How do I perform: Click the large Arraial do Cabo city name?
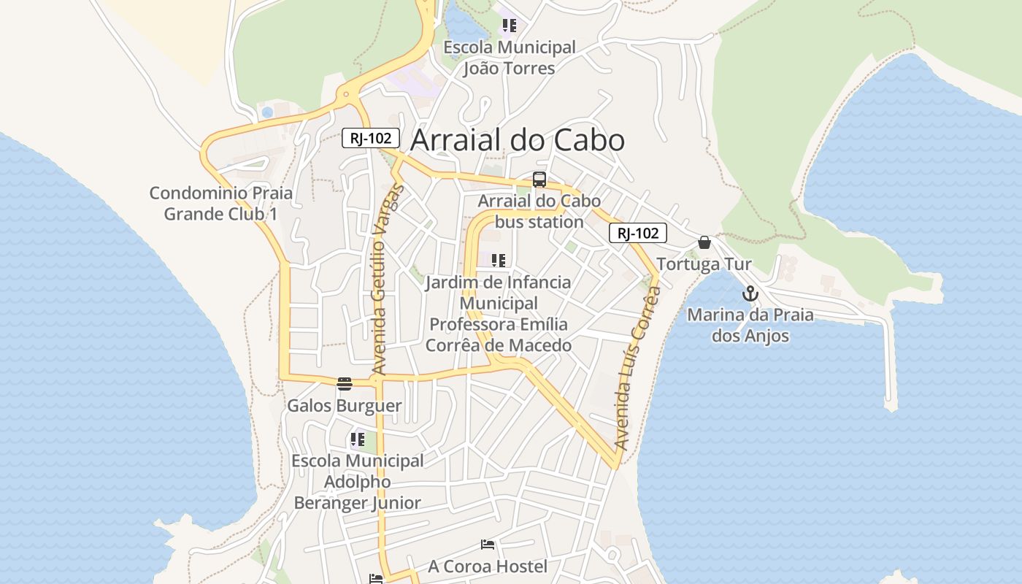(517, 140)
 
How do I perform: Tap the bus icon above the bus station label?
(539, 180)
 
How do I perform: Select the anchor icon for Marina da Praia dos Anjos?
(750, 294)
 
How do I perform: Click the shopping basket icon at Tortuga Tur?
(704, 242)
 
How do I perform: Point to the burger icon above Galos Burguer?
(345, 383)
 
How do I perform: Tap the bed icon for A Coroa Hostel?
(488, 545)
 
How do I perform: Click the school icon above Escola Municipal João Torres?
(509, 26)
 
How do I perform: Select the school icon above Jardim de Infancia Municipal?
(499, 261)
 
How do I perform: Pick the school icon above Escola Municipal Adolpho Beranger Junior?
(357, 439)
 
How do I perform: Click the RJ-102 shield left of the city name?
(371, 138)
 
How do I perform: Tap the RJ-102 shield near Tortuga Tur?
(638, 233)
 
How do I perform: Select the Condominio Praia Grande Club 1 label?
(220, 204)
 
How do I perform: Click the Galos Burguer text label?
(345, 406)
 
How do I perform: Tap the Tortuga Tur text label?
(704, 264)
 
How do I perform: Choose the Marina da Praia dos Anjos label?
(750, 326)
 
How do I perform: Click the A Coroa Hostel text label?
(488, 566)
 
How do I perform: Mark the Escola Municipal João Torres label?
(510, 58)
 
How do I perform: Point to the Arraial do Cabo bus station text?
(539, 211)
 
